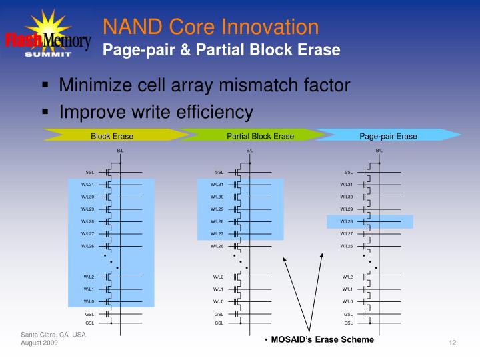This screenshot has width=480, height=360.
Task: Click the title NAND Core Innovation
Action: pyautogui.click(x=210, y=27)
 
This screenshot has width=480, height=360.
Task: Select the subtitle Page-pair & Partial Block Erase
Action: pyautogui.click(x=221, y=50)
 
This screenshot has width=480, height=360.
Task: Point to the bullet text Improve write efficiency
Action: pyautogui.click(x=156, y=111)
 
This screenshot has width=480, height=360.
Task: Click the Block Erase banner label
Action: pyautogui.click(x=112, y=136)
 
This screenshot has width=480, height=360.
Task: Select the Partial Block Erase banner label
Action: pyautogui.click(x=260, y=136)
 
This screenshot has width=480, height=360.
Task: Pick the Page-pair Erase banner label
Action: pyautogui.click(x=388, y=136)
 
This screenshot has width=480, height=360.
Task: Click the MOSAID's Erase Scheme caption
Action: pyautogui.click(x=322, y=339)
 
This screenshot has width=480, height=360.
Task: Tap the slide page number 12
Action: pyautogui.click(x=452, y=343)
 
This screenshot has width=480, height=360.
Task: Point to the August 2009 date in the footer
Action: pyautogui.click(x=39, y=342)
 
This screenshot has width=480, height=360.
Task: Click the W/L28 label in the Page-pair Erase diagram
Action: pyautogui.click(x=347, y=221)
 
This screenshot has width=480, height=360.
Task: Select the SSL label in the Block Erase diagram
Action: pyautogui.click(x=89, y=172)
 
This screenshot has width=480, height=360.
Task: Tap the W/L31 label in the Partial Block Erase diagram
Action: pyautogui.click(x=217, y=185)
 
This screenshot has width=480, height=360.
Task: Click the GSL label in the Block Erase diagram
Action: pyautogui.click(x=89, y=313)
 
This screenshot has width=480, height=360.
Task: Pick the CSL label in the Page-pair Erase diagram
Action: pyautogui.click(x=348, y=323)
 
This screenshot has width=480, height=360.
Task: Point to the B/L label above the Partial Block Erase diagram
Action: pyautogui.click(x=249, y=151)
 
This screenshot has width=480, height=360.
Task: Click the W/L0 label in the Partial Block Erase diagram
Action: pyautogui.click(x=219, y=301)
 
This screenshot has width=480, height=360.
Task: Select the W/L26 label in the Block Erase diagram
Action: pyautogui.click(x=88, y=246)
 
